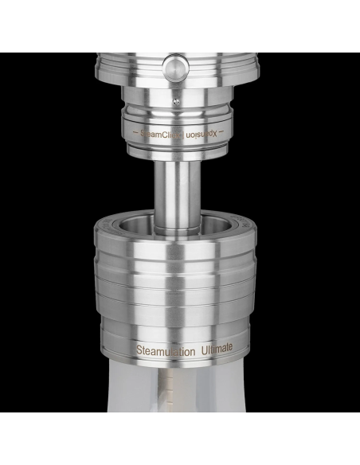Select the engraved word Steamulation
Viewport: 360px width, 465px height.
click(x=162, y=349)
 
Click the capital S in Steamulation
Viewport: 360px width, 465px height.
click(x=139, y=349)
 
